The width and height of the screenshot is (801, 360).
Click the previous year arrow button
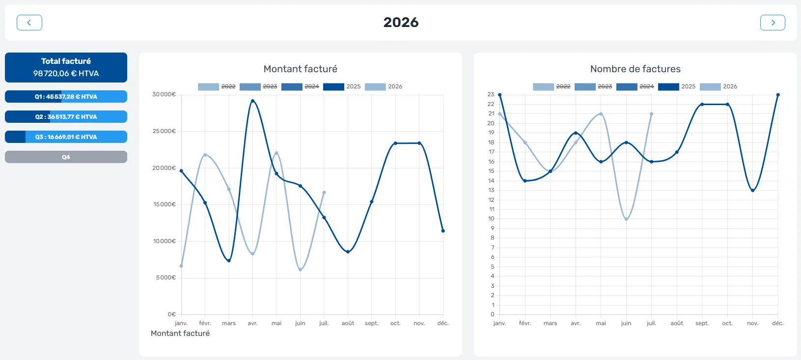(29, 23)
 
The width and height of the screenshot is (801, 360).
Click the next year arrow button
(773, 23)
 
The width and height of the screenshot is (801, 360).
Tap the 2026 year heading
(401, 22)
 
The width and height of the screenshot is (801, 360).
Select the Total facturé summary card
(66, 68)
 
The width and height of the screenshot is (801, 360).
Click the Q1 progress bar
(66, 97)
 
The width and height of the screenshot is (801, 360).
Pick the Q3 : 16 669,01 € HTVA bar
(66, 137)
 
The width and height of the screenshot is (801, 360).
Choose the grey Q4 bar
(66, 157)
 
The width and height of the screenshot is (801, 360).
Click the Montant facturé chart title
(301, 69)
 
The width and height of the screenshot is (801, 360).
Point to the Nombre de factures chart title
(635, 69)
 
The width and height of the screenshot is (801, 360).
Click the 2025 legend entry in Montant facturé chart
(342, 86)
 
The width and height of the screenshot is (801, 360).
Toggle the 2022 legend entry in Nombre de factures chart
(552, 86)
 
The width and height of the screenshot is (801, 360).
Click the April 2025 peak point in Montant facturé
(252, 101)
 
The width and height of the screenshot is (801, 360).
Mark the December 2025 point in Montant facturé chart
(443, 231)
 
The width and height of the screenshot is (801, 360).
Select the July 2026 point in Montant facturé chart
(324, 193)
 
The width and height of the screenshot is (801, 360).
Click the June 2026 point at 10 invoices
(626, 219)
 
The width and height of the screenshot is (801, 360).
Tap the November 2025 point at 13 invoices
(753, 191)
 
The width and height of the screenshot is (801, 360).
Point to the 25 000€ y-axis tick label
(164, 131)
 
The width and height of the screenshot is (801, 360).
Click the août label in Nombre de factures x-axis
(677, 323)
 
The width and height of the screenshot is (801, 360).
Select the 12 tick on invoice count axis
(491, 200)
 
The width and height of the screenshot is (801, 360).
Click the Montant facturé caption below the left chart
(180, 333)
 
